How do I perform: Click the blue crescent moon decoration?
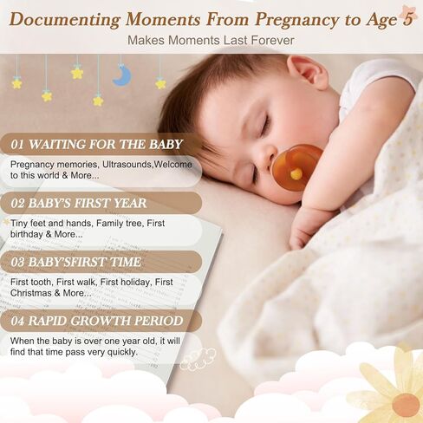pyautogui.click(x=122, y=75)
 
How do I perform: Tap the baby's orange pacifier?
pyautogui.click(x=296, y=168)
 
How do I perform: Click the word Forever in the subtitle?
pyautogui.click(x=272, y=40)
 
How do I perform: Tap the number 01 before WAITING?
pyautogui.click(x=17, y=145)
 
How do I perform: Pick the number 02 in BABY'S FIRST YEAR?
pyautogui.click(x=17, y=204)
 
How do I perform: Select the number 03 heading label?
pyautogui.click(x=17, y=262)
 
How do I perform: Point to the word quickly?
pyautogui.click(x=122, y=352)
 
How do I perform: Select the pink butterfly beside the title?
pyautogui.click(x=408, y=13)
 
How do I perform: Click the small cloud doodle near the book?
pyautogui.click(x=198, y=359)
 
